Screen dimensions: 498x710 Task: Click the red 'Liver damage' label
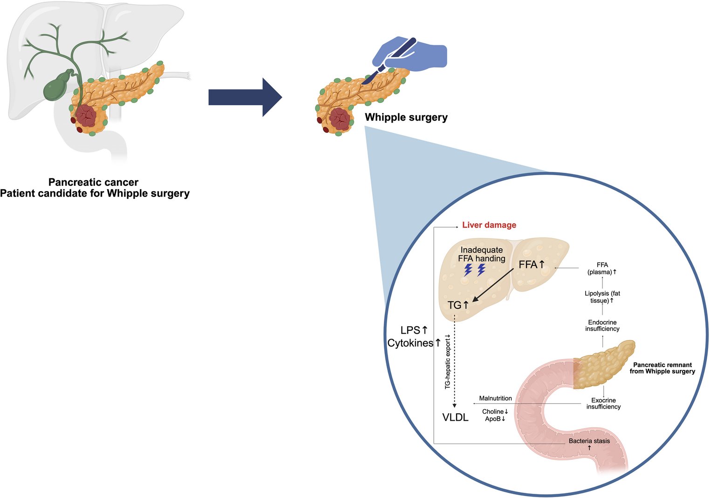[x=489, y=225]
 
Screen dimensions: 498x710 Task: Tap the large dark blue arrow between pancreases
[x=245, y=97]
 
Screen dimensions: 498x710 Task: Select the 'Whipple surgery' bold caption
[x=406, y=117]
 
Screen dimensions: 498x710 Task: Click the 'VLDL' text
[x=455, y=417]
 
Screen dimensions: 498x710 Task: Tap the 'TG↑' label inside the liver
[x=458, y=305]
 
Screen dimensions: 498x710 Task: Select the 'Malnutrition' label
[x=495, y=398]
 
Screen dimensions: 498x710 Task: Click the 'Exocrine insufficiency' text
[x=603, y=403]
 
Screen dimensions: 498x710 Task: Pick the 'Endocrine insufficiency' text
[x=602, y=325]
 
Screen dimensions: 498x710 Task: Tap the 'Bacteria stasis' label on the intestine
[x=589, y=441]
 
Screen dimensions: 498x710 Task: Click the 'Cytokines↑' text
[x=414, y=343]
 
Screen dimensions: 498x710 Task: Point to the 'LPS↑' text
[x=414, y=330]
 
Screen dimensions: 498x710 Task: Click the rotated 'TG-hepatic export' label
[x=447, y=362]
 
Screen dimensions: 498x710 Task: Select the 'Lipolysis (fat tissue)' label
[x=602, y=297]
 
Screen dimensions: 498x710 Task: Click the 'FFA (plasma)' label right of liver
[x=602, y=268]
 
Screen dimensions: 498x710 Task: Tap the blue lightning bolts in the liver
[x=475, y=270]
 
